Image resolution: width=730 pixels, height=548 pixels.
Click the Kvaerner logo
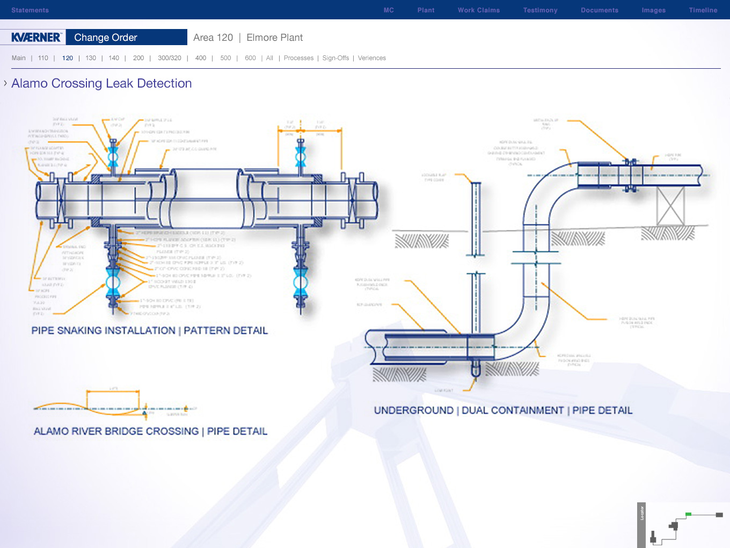point(36,37)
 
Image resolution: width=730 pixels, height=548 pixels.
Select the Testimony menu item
point(540,10)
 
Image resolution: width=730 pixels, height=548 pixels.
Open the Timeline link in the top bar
point(703,10)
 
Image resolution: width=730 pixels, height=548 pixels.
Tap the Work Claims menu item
point(478,10)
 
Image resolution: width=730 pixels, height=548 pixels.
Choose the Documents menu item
point(599,10)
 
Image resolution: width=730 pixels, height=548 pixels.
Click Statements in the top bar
point(30,10)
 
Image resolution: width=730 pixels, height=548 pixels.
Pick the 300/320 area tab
point(169,58)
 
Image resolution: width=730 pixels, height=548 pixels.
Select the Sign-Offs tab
point(335,58)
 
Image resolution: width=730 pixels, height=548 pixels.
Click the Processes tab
point(298,58)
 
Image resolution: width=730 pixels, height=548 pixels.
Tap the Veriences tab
point(371,58)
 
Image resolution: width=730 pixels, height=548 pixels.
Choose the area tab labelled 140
point(114,58)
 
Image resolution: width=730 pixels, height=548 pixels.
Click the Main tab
point(19,58)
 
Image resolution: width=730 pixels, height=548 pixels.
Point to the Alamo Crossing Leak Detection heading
point(101,83)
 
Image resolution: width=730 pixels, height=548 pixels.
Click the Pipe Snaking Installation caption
point(149,330)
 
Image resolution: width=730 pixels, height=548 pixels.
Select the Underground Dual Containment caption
point(503,410)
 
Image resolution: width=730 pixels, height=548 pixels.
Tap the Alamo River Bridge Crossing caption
point(150,431)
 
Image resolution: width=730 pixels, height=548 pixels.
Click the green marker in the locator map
point(688,514)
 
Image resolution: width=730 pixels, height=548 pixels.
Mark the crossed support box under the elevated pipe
point(670,206)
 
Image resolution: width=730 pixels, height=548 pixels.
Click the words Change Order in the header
point(106,38)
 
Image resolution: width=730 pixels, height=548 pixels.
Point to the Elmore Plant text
point(274,38)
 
